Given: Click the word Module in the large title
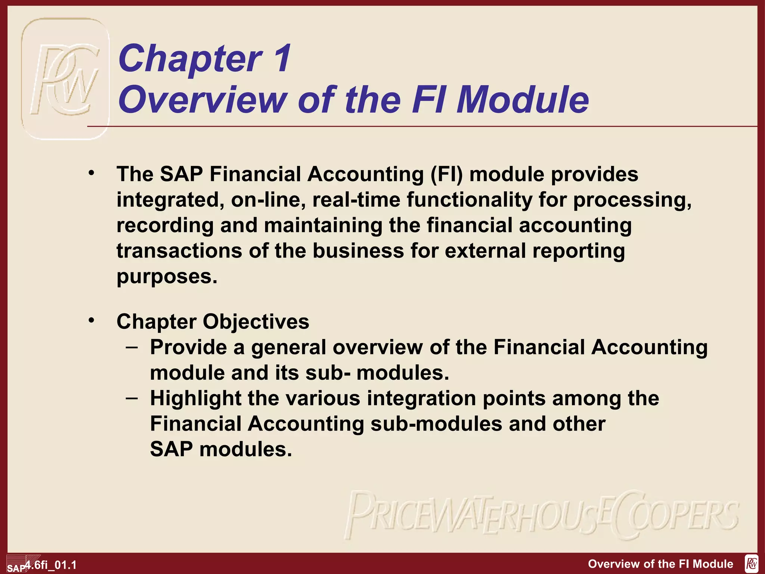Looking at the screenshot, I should [x=523, y=99].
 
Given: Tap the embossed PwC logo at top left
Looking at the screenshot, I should [x=65, y=79].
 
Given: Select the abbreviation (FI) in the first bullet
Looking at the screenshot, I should [x=446, y=174].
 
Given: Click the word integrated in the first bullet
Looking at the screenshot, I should [x=170, y=200].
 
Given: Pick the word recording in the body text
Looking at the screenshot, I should [x=165, y=226].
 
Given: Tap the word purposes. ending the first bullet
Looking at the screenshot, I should [x=167, y=277].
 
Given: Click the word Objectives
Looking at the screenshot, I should [x=256, y=321].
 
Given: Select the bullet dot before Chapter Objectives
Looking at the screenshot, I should [x=92, y=320].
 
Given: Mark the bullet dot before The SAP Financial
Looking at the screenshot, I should [x=92, y=173].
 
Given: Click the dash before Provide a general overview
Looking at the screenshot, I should [x=131, y=347].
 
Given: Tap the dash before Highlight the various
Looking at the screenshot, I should [x=131, y=398].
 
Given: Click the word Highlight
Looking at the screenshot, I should [x=195, y=398].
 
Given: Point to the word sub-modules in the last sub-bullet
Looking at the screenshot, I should [x=436, y=424].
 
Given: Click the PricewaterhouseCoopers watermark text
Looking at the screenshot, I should [x=542, y=515].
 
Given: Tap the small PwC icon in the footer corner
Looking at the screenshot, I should [x=751, y=563].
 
